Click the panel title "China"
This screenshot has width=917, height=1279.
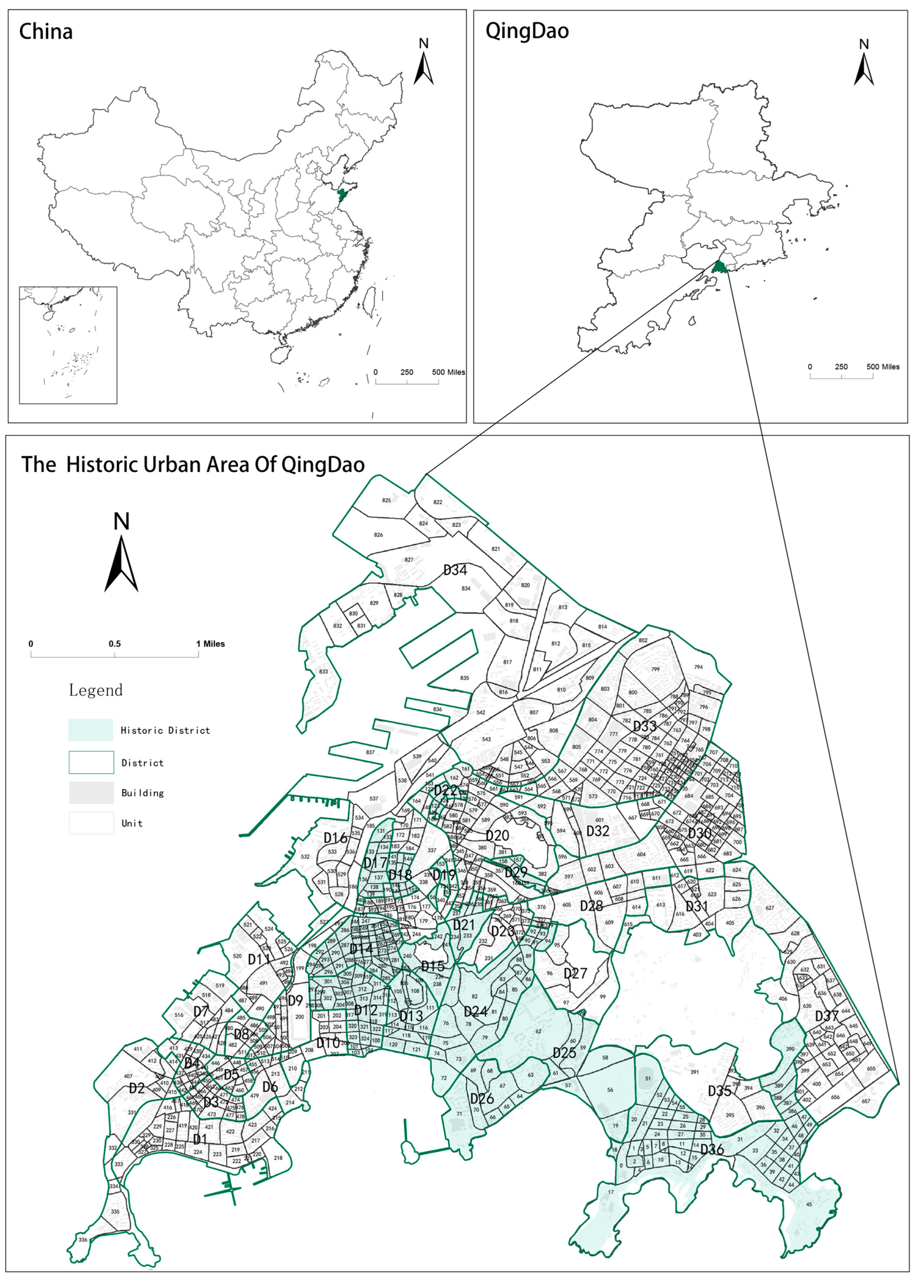tap(46, 32)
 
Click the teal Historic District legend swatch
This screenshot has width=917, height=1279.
tap(91, 730)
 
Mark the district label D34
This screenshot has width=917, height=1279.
tap(455, 570)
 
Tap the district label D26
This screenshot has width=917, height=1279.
tap(482, 1098)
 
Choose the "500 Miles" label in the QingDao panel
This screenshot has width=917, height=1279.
tap(883, 366)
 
